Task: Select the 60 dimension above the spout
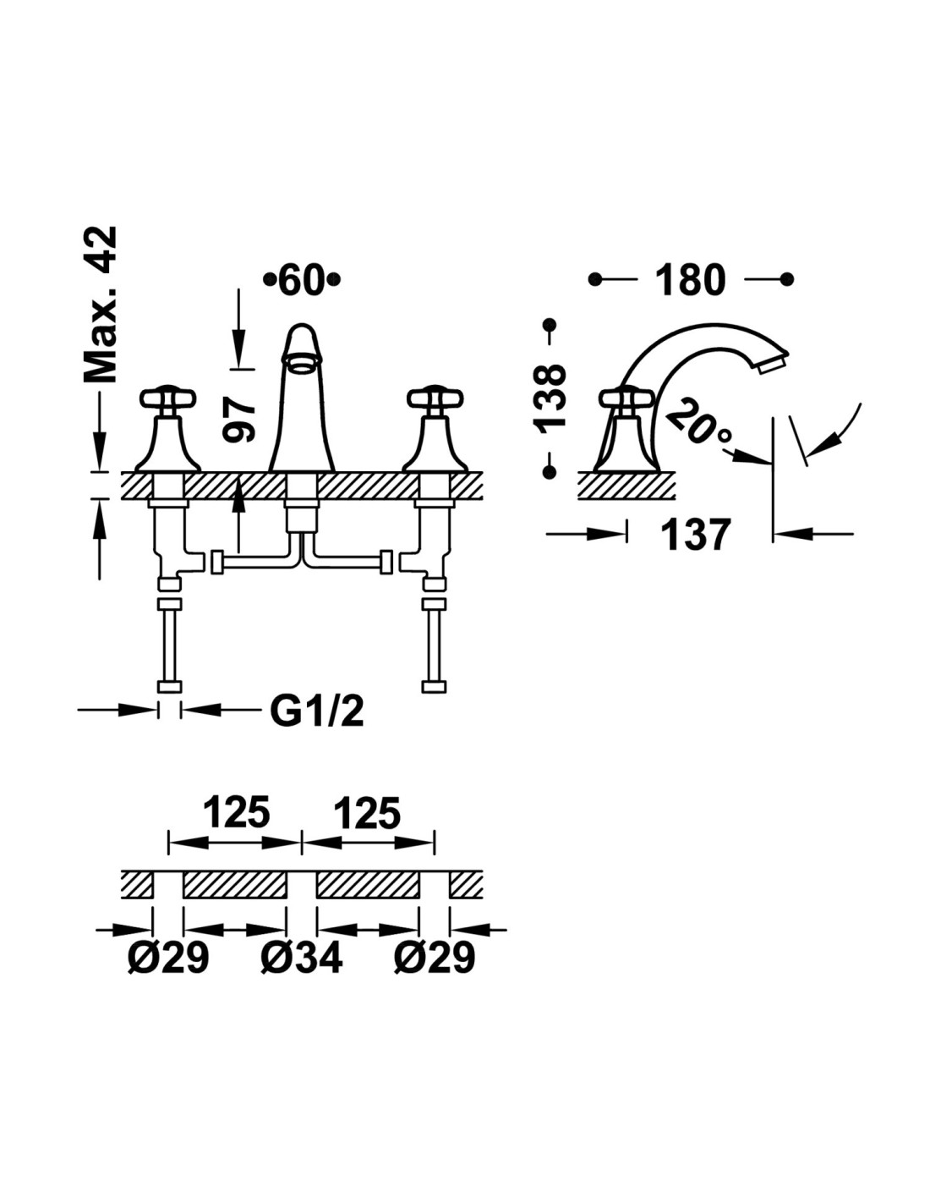302,280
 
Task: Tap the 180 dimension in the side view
690,280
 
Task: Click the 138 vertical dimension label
550,397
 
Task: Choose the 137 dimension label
695,535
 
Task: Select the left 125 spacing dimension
236,813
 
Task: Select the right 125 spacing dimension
367,813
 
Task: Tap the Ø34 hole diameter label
302,959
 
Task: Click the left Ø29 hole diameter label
168,959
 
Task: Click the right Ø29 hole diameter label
435,959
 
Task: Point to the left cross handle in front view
168,397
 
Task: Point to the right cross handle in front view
435,397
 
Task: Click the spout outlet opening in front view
301,365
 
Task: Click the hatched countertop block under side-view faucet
626,486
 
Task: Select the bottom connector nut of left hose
169,686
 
